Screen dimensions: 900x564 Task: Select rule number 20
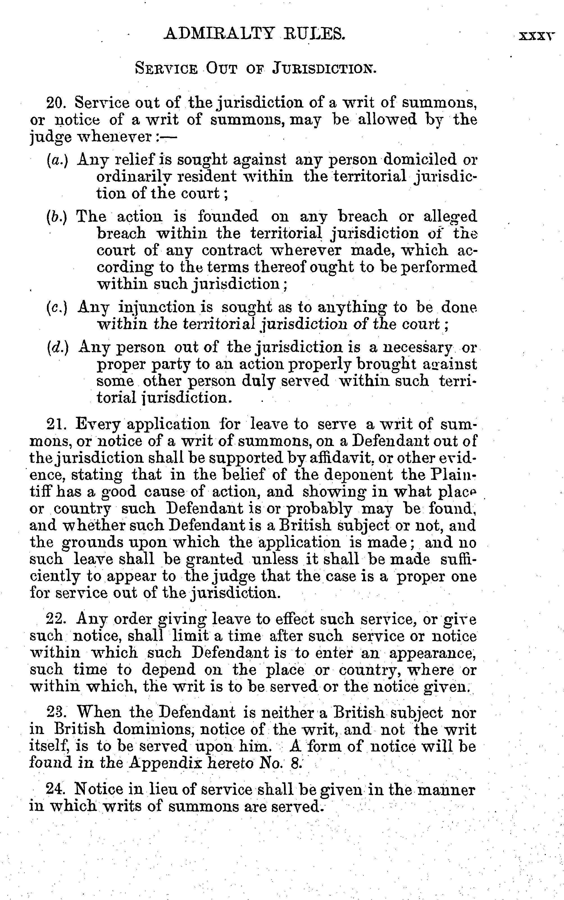point(56,102)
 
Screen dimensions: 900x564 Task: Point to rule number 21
point(56,425)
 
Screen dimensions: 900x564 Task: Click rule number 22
point(56,619)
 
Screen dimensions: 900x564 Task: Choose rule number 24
point(55,789)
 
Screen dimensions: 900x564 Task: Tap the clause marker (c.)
point(57,308)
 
